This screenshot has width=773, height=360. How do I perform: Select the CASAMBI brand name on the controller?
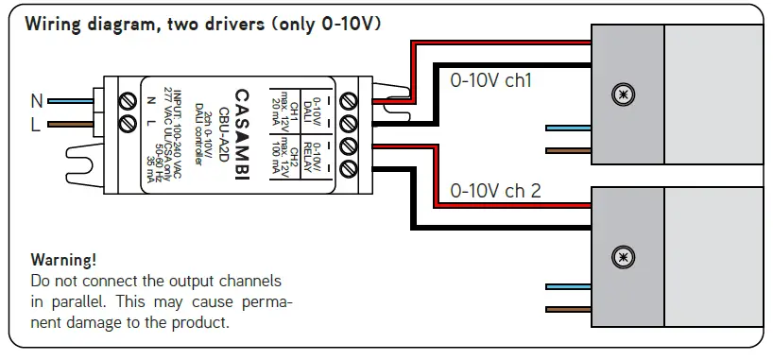pos(240,136)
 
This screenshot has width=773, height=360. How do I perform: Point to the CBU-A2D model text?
pos(223,136)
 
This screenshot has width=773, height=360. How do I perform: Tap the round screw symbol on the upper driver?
pos(621,94)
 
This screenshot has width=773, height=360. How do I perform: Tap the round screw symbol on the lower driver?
pos(621,256)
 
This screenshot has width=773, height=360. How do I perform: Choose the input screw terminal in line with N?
pos(128,100)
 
